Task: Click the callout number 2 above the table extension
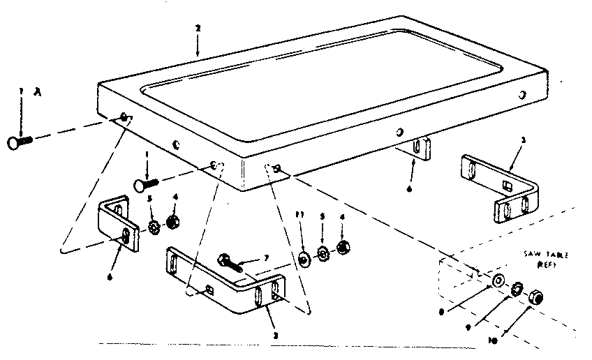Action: pyautogui.click(x=198, y=28)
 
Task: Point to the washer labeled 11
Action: pyautogui.click(x=306, y=259)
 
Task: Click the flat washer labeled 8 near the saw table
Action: pyautogui.click(x=497, y=280)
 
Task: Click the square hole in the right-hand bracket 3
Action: pyautogui.click(x=505, y=186)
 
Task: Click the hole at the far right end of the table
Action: pyautogui.click(x=522, y=94)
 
